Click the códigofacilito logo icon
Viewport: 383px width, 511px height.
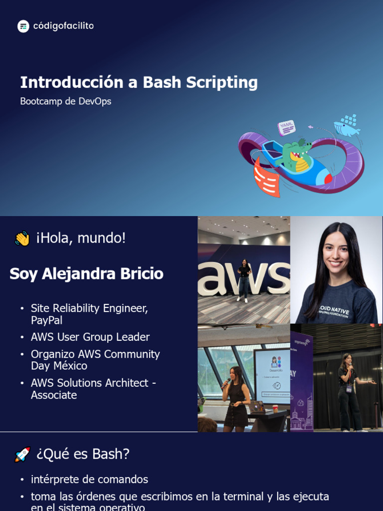pos(23,26)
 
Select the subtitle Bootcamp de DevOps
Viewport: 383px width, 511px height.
pos(65,101)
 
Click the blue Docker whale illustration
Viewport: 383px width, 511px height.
pos(348,126)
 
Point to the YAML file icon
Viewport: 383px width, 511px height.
pos(287,127)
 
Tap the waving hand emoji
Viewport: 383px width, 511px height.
pos(22,239)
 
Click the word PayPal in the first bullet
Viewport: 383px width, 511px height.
pos(46,320)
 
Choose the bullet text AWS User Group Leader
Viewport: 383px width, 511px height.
pos(90,337)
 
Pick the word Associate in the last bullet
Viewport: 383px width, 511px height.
pos(54,395)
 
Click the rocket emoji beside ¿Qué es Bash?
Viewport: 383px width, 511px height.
pos(22,455)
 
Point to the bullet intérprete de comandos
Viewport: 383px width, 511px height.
pos(89,480)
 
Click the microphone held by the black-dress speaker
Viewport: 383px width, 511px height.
pos(226,383)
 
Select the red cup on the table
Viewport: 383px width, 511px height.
pos(275,408)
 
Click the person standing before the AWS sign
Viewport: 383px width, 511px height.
pos(243,280)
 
